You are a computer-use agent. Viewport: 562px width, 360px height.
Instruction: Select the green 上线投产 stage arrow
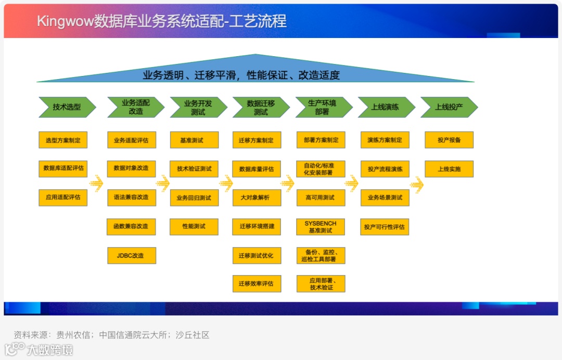tap(449, 107)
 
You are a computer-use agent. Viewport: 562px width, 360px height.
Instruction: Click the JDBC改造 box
tap(131, 255)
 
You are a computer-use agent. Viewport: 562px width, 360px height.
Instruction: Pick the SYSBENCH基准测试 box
tap(321, 226)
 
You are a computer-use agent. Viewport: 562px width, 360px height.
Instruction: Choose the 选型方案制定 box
tap(63, 140)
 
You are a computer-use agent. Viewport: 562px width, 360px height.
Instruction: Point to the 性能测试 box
tap(194, 226)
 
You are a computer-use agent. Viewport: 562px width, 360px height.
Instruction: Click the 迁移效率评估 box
tap(257, 284)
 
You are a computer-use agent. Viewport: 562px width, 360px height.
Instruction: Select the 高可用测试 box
tap(321, 198)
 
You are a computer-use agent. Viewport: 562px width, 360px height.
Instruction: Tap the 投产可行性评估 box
tap(385, 227)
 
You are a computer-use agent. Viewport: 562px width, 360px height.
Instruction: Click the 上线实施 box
tap(449, 169)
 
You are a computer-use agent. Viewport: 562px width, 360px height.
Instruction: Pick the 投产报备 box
tap(449, 140)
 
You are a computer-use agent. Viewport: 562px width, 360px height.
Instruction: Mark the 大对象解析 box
tap(257, 198)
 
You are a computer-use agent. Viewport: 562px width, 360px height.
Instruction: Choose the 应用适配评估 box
tap(63, 198)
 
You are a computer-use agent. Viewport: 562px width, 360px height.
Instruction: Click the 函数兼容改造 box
tap(131, 226)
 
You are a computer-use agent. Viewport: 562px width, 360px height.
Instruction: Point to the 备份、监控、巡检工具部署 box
tap(321, 255)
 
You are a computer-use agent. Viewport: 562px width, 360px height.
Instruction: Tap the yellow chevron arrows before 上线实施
tap(416, 183)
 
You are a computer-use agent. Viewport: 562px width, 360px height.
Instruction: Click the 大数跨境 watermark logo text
tap(50, 350)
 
